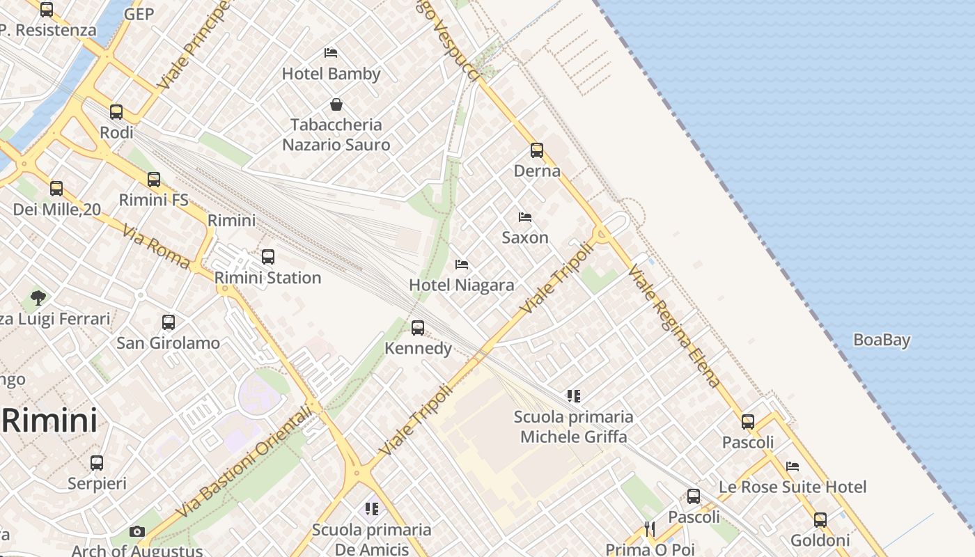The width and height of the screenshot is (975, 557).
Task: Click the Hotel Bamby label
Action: (331, 74)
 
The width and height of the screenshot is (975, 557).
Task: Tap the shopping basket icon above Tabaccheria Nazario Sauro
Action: (336, 104)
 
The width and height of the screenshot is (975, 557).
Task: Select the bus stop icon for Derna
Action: (536, 150)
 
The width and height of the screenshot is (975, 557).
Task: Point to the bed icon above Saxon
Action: (525, 217)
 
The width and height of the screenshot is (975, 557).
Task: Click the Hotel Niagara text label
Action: (462, 285)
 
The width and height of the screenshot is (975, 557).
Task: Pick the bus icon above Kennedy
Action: (418, 327)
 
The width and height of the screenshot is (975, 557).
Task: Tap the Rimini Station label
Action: (267, 278)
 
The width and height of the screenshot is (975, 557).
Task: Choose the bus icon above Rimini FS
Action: (154, 180)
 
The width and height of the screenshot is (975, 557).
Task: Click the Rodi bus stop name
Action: (116, 132)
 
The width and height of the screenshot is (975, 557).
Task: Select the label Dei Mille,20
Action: (57, 209)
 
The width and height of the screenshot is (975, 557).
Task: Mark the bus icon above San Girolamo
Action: (169, 322)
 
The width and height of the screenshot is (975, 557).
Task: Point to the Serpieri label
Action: (97, 483)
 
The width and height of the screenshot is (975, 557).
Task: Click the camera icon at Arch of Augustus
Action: (137, 532)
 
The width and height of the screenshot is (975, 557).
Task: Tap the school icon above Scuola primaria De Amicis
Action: (371, 509)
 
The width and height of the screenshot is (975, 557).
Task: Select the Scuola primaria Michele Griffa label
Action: (574, 427)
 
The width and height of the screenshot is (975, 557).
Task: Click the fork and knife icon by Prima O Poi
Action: (650, 529)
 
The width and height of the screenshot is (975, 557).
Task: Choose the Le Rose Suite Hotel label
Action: (793, 487)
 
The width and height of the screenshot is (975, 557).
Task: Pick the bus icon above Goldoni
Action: (820, 519)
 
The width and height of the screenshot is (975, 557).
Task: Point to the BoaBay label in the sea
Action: (882, 340)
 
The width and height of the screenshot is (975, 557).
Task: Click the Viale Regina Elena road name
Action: (673, 326)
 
